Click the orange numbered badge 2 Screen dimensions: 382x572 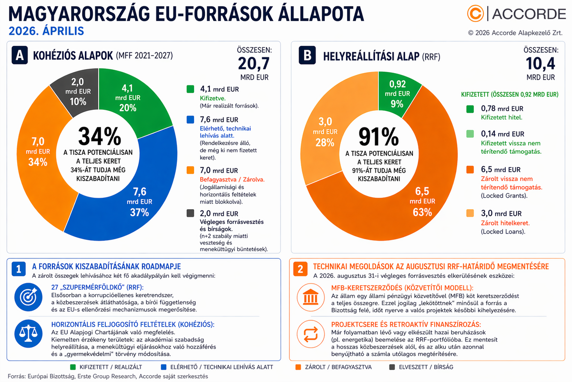point(300,269)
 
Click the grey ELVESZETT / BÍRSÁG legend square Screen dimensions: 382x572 point(392,367)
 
